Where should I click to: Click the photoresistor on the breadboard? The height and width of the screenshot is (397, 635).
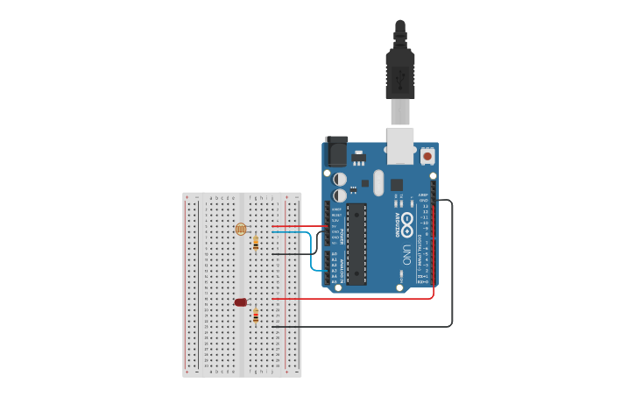[x=241, y=229]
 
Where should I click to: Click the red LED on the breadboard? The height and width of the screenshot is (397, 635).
[x=241, y=302]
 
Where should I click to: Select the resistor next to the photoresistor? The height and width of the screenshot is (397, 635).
[x=255, y=243]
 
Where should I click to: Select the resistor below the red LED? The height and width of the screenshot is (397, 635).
[x=255, y=315]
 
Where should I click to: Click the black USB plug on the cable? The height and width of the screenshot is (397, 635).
[x=400, y=74]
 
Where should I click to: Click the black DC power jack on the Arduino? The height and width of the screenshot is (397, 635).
[x=335, y=152]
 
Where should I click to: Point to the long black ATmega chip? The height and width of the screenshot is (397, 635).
[x=356, y=244]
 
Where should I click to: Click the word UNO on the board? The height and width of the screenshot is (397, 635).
[x=406, y=254]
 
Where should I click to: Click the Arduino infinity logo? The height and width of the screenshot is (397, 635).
[x=406, y=223]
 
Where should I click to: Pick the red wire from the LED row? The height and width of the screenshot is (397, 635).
[x=350, y=298]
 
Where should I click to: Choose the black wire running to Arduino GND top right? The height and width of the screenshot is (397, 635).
[x=452, y=263]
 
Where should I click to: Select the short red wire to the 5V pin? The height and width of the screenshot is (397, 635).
[x=298, y=226]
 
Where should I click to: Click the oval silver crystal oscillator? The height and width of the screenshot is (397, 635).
[x=378, y=182]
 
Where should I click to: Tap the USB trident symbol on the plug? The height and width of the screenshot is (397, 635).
[x=400, y=82]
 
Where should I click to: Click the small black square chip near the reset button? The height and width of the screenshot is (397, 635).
[x=397, y=185]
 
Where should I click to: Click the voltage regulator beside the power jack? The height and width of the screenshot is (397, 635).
[x=358, y=160]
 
